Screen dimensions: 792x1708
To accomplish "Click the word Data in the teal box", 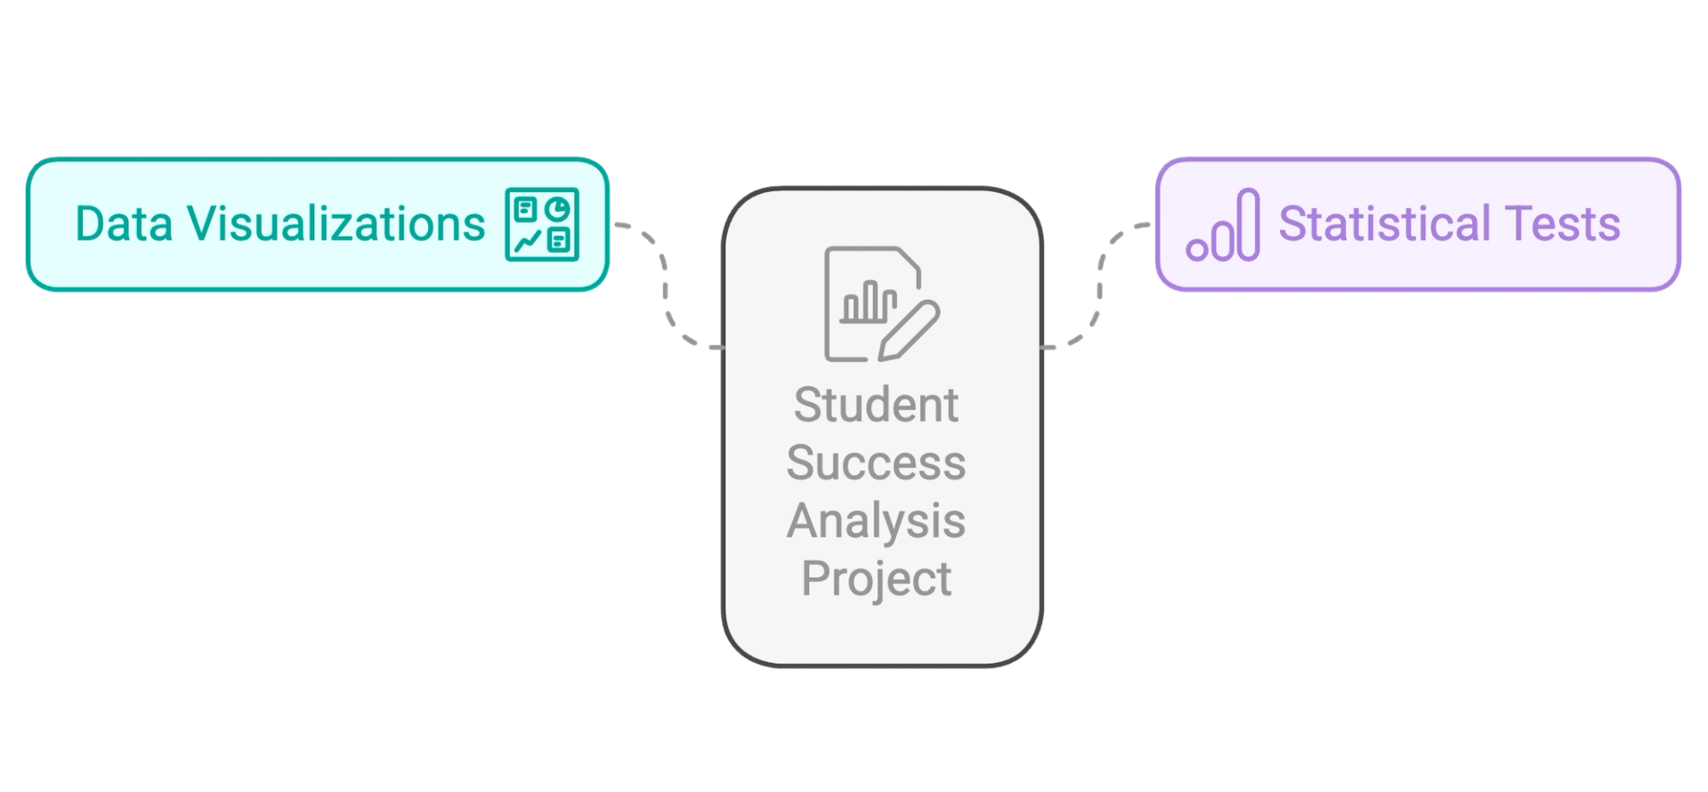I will [x=123, y=223].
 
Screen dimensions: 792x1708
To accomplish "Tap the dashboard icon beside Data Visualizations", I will [x=541, y=224].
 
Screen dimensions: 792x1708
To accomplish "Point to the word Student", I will [x=876, y=405].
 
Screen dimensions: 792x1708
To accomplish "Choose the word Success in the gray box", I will [x=876, y=463].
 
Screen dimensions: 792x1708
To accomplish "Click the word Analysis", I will [x=876, y=521].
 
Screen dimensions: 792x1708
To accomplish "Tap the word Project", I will [x=876, y=578].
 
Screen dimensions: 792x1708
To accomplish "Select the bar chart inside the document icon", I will [x=869, y=303].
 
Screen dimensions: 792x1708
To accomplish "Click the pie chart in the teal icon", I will [x=558, y=209].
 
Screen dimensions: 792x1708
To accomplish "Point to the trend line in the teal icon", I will [x=526, y=240].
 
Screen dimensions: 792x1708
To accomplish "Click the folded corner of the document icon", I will [x=908, y=261].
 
